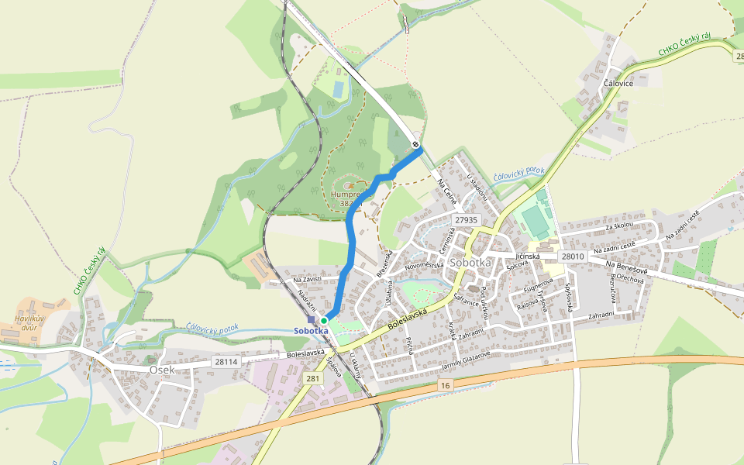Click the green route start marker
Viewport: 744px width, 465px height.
[x=324, y=320]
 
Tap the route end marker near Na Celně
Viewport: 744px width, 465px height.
[x=416, y=144]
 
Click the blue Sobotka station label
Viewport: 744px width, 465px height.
[x=311, y=331]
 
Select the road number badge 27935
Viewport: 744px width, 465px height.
[x=466, y=220]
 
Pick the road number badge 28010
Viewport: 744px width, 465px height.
[x=572, y=256]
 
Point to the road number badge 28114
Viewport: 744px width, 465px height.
[x=226, y=362]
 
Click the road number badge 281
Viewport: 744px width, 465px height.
[x=312, y=378]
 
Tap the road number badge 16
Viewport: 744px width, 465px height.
[x=444, y=385]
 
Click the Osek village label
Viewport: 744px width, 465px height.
[x=162, y=370]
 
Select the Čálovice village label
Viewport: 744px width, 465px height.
[x=618, y=83]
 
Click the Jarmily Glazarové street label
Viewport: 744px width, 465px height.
[x=466, y=358]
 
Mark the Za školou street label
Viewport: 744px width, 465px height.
[x=619, y=225]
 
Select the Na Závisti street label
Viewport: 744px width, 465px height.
[x=307, y=280]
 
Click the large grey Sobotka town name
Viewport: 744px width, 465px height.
[x=470, y=262]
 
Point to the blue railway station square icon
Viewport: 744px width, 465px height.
[x=311, y=319]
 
